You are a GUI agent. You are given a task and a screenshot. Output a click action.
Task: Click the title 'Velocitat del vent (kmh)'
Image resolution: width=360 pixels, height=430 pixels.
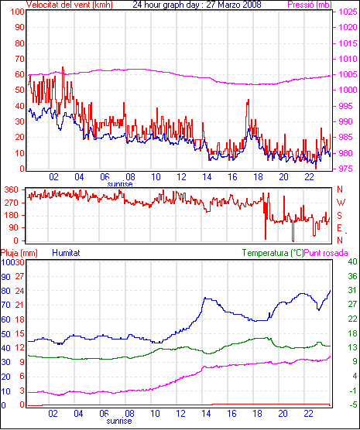click(70, 5)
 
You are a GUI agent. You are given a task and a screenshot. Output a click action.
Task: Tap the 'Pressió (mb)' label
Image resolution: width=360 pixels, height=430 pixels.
click(310, 5)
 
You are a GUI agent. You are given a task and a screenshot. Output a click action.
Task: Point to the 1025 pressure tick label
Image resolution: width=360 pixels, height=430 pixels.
click(348, 12)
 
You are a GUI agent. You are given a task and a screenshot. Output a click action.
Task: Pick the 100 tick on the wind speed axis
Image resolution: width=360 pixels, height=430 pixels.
click(17, 12)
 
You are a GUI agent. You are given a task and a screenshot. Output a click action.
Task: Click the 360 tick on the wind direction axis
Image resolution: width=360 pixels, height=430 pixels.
click(12, 189)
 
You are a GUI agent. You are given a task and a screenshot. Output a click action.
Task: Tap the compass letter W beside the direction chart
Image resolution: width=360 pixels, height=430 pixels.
click(341, 203)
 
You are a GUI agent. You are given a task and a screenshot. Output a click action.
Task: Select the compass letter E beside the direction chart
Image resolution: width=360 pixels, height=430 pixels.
click(339, 228)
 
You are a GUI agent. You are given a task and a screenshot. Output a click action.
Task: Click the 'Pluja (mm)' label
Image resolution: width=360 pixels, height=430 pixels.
click(19, 253)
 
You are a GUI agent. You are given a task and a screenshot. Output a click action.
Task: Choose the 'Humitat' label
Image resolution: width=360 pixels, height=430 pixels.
click(66, 253)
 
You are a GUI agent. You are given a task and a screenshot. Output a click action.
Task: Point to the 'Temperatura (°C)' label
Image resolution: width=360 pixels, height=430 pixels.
click(273, 253)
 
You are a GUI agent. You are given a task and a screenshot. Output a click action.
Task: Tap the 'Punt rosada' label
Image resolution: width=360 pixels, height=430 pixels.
click(326, 253)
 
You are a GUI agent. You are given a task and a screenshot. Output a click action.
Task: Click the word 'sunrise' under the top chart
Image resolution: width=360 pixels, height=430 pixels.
click(120, 184)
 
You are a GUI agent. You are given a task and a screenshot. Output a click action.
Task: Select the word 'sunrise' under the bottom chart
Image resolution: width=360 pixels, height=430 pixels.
click(119, 421)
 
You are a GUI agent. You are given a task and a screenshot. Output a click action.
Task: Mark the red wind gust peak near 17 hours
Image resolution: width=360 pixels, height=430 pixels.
click(249, 100)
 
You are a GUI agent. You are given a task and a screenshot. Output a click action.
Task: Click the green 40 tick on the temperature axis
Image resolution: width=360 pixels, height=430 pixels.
click(352, 261)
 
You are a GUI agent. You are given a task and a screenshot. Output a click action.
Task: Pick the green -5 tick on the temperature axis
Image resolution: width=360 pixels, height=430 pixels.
click(352, 404)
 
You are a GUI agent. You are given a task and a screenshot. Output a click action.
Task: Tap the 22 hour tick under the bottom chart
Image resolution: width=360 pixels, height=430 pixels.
click(308, 413)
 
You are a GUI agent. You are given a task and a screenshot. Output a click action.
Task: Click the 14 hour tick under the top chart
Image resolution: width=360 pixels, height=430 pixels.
click(207, 177)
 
